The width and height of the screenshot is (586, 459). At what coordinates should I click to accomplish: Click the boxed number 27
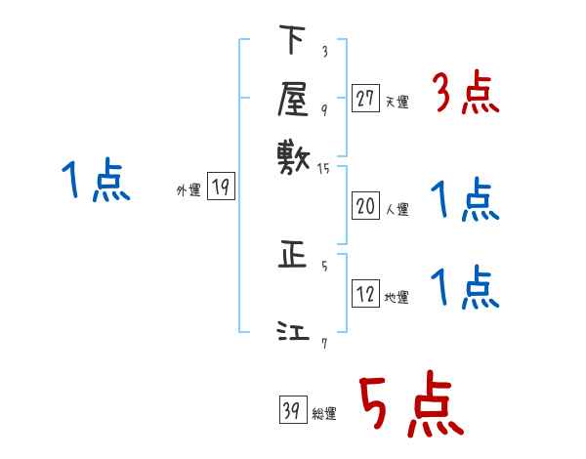pyautogui.click(x=365, y=99)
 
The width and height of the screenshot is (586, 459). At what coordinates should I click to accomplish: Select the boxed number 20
pyautogui.click(x=365, y=205)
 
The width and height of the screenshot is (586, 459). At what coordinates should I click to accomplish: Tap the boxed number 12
pyautogui.click(x=365, y=294)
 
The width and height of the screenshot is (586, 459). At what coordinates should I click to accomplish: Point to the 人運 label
pyautogui.click(x=397, y=209)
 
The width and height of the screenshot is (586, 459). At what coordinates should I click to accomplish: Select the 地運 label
pyautogui.click(x=397, y=298)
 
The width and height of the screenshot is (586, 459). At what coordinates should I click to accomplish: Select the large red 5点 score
pyautogui.click(x=411, y=405)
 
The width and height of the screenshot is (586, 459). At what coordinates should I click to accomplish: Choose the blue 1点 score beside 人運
pyautogui.click(x=465, y=201)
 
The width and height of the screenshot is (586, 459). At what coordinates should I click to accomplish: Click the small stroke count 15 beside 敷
pyautogui.click(x=325, y=169)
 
